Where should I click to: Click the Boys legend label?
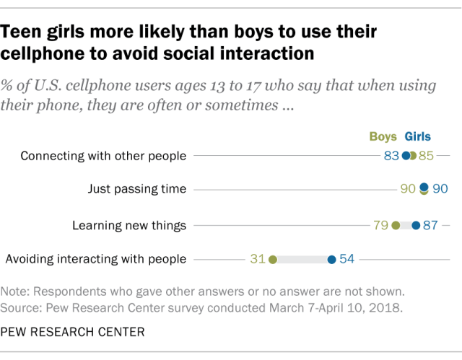384,136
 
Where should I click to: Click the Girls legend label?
418,136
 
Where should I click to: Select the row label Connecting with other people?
103,155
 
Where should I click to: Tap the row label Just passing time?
137,190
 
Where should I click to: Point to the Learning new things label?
129,225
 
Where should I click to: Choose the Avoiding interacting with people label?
96,259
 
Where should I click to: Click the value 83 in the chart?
392,155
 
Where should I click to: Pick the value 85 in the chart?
427,155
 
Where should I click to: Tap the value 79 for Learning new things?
381,225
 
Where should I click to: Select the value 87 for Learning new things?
431,225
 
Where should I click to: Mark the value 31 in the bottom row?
258,259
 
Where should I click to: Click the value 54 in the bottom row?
346,259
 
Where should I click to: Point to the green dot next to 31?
272,259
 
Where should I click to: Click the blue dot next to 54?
331,259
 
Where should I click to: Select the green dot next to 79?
396,225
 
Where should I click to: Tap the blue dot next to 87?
416,225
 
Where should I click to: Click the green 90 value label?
408,190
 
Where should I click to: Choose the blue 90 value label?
440,190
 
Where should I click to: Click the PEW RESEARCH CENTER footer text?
72,333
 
